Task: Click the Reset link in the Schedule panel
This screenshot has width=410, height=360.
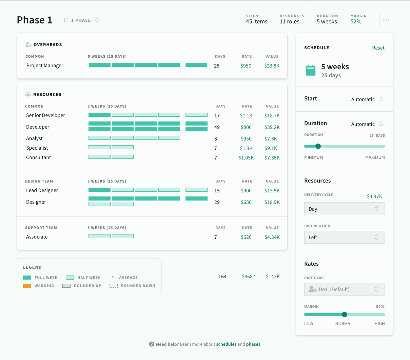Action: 378,48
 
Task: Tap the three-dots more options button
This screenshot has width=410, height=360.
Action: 386,20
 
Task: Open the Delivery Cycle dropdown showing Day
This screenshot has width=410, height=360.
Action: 344,209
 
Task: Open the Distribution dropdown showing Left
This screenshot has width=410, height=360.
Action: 344,238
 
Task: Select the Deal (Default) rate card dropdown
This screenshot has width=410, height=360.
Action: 344,289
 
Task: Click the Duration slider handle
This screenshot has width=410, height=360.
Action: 318,146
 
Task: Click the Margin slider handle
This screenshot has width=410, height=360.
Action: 345,315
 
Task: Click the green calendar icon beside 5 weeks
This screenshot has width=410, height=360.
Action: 311,71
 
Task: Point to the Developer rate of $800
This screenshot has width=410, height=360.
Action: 246,127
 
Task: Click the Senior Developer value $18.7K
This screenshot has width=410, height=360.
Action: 272,116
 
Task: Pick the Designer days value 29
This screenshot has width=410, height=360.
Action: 217,202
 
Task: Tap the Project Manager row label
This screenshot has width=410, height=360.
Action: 45,65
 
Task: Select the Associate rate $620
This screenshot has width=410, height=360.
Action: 246,237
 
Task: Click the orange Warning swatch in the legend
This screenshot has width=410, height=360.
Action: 27,286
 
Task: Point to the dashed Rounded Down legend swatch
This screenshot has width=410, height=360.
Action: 114,286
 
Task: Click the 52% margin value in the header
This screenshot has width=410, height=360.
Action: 356,22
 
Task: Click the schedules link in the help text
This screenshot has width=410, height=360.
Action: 226,344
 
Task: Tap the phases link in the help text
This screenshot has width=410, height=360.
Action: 253,344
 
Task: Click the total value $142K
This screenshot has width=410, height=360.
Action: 273,277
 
